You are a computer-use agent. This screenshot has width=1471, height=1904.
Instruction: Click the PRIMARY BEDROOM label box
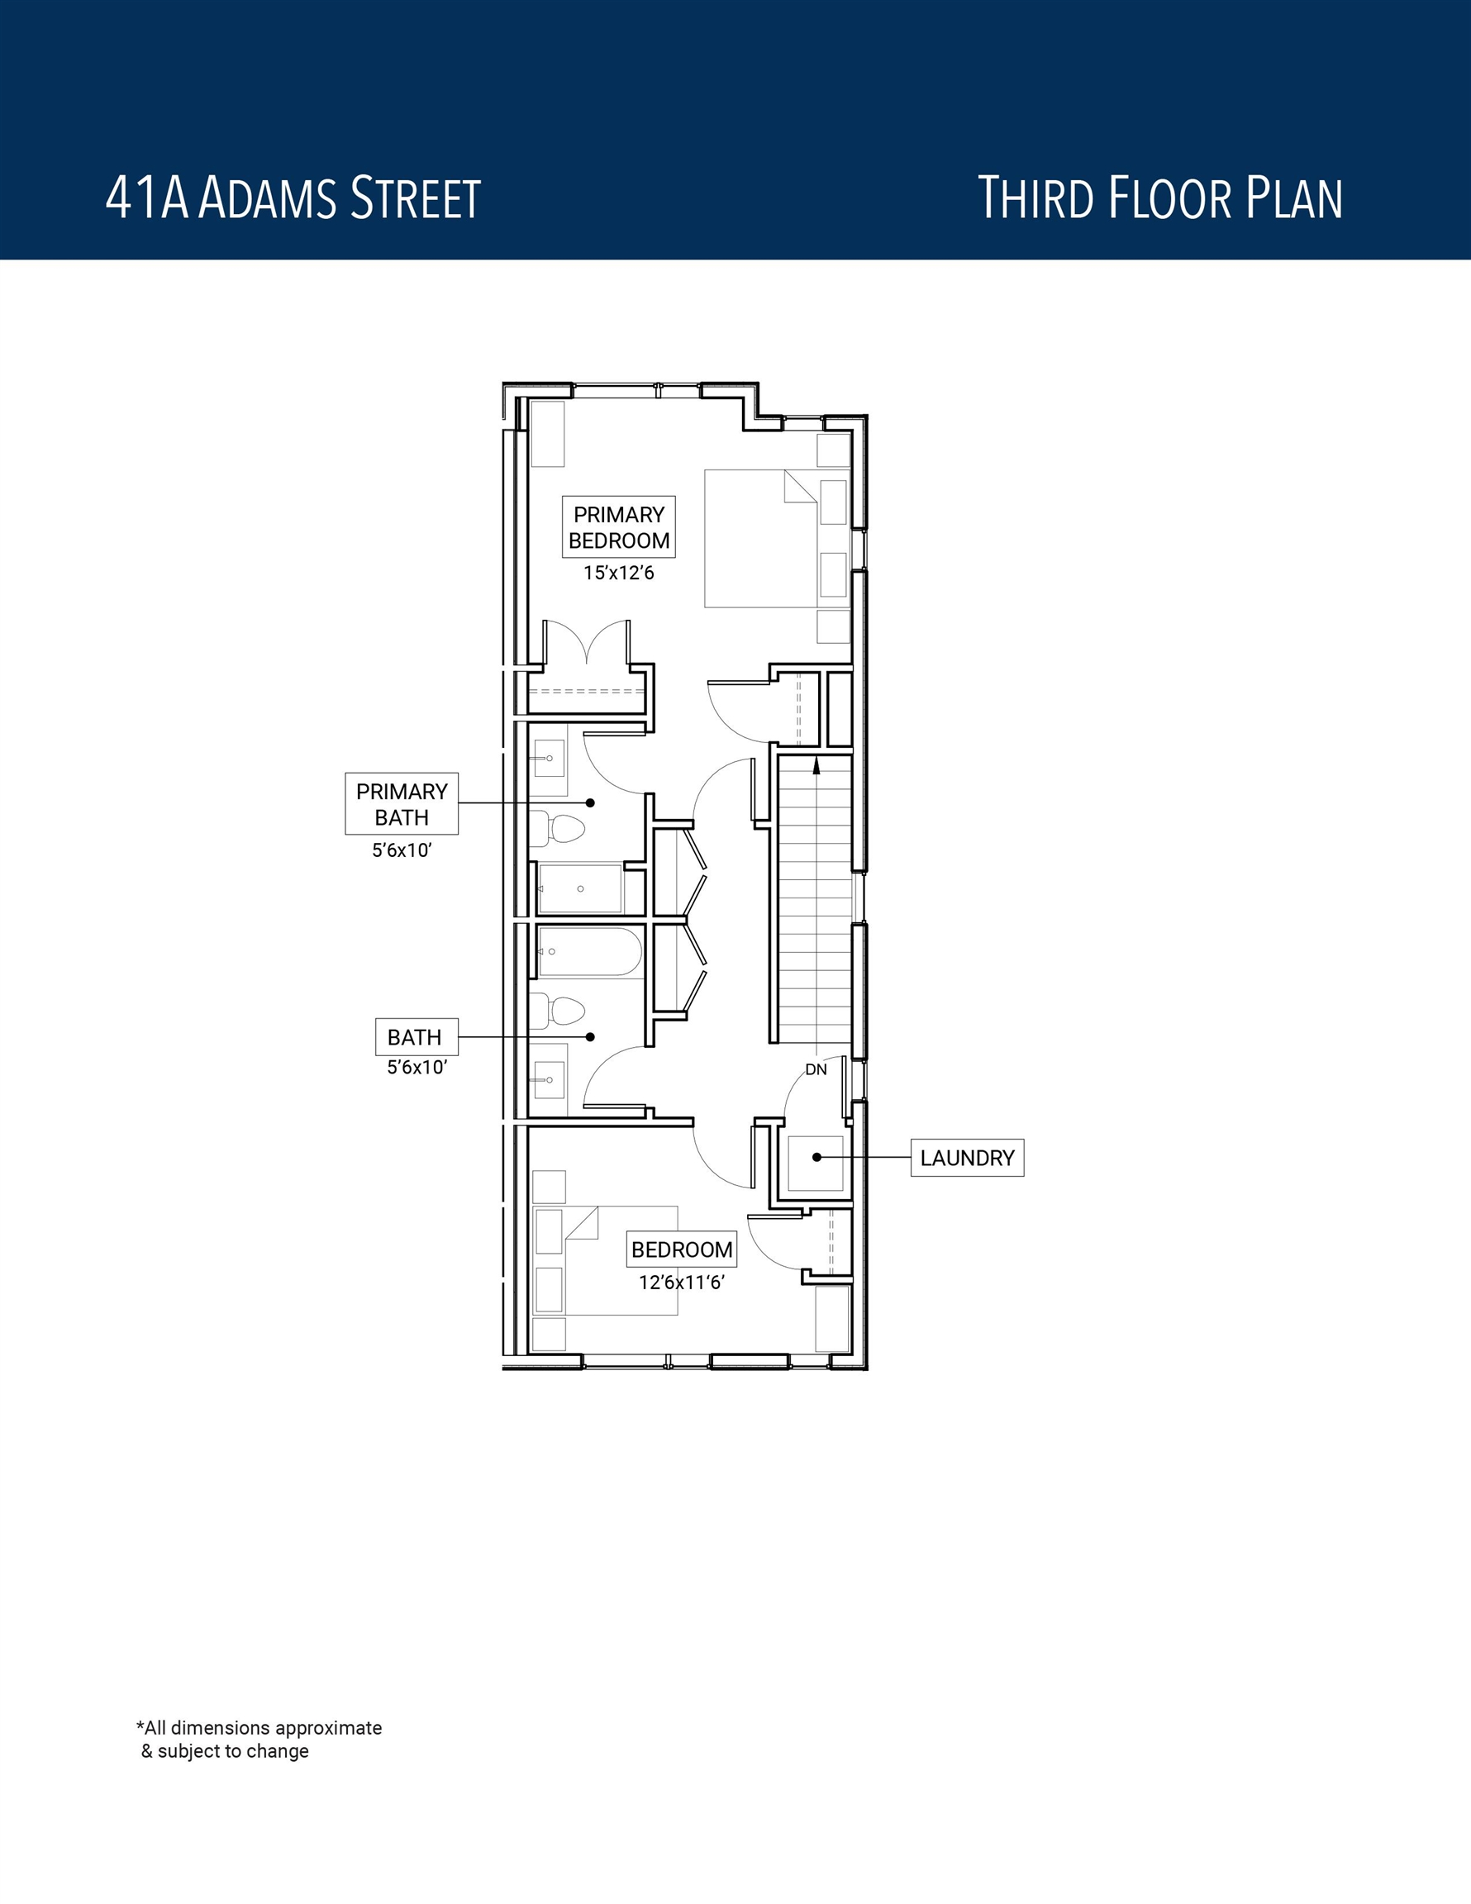[619, 526]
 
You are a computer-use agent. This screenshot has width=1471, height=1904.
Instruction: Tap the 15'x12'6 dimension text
[619, 573]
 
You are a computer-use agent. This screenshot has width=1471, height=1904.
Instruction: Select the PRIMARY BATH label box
[401, 804]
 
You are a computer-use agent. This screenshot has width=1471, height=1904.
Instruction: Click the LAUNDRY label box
[967, 1158]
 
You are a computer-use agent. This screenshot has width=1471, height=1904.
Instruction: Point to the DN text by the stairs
[816, 1069]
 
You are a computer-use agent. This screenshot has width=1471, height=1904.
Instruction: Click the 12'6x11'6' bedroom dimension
[682, 1283]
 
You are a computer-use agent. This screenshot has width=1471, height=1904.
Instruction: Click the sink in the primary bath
[549, 759]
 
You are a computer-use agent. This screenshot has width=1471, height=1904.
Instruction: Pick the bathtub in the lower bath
[589, 951]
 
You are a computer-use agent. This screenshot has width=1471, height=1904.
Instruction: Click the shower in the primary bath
[580, 888]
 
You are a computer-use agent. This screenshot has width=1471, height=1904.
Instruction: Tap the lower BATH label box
[415, 1037]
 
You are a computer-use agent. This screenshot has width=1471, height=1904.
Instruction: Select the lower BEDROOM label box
[682, 1249]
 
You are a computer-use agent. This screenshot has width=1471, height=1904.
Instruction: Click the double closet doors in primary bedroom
[586, 645]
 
